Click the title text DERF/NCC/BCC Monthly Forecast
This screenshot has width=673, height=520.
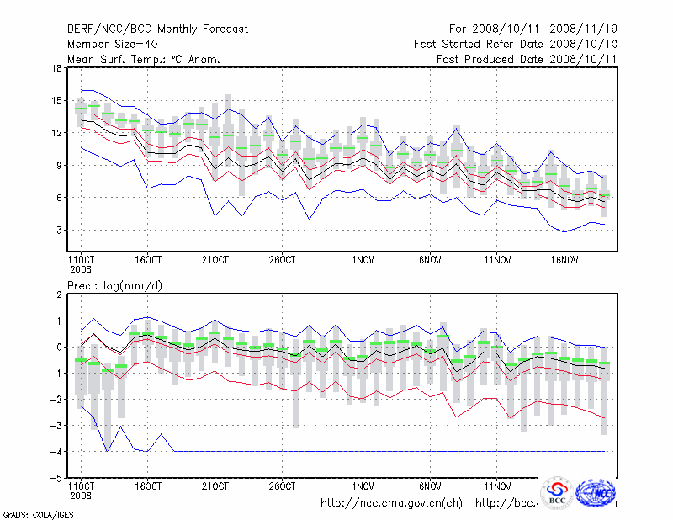coord(157,29)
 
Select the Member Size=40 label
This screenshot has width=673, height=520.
coord(113,44)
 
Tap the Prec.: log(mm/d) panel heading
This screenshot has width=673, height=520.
coord(114,286)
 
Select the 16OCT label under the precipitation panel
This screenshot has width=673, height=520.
coord(148,486)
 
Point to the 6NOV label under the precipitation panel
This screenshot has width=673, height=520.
coord(431,486)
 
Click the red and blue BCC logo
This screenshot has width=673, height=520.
coord(557,493)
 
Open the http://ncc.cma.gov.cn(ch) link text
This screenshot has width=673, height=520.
coord(392,503)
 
